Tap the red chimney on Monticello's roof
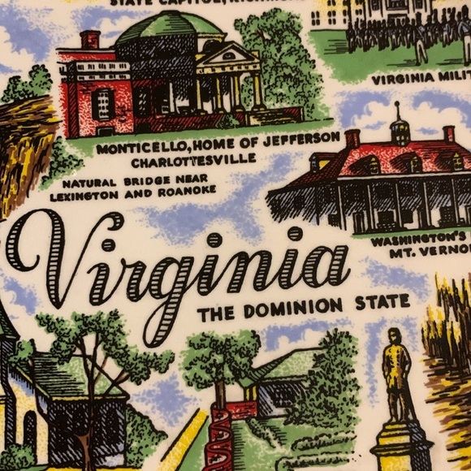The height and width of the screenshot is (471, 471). click(90, 39)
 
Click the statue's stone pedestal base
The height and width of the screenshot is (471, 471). click(403, 447)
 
